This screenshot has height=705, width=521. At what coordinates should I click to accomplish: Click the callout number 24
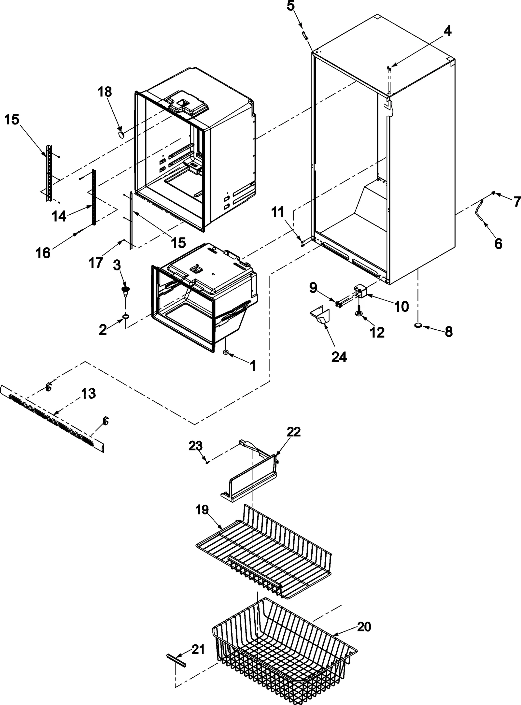pyautogui.click(x=339, y=357)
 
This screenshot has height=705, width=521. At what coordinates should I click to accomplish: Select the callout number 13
pyautogui.click(x=88, y=393)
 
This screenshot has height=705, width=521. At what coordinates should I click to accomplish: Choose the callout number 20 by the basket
pyautogui.click(x=364, y=626)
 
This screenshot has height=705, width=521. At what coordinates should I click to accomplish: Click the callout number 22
pyautogui.click(x=293, y=432)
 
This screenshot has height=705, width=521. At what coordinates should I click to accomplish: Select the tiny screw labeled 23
pyautogui.click(x=207, y=461)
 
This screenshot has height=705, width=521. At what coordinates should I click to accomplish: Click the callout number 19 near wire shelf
pyautogui.click(x=202, y=510)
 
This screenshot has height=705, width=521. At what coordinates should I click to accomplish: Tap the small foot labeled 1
pyautogui.click(x=225, y=352)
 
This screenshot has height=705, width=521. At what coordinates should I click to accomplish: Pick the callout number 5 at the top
pyautogui.click(x=290, y=6)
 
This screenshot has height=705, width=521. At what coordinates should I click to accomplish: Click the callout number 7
pyautogui.click(x=516, y=202)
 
